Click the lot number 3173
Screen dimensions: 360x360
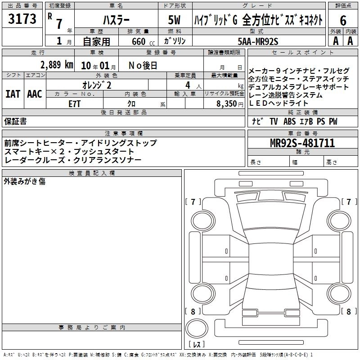[22, 19]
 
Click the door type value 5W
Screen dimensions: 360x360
[175, 20]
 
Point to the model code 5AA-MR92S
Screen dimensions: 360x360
[258, 41]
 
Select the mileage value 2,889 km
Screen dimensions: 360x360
[56, 65]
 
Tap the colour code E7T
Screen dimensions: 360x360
[75, 103]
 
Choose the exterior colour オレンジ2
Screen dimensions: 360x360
[97, 85]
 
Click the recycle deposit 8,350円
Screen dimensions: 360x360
[229, 103]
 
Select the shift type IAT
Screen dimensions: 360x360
[13, 94]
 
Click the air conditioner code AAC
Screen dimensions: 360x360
[34, 94]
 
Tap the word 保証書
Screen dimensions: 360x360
[15, 121]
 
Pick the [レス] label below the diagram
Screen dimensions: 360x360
[196, 345]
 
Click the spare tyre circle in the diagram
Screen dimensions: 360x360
[196, 327]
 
